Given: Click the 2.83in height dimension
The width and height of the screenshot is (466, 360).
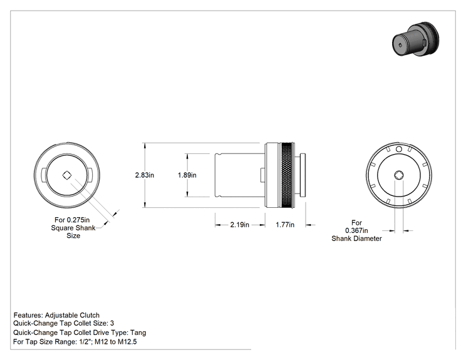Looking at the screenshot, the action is [145, 175].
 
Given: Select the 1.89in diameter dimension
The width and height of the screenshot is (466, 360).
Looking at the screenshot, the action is [187, 175].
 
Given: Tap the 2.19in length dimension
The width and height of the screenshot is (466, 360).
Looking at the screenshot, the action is [239, 225].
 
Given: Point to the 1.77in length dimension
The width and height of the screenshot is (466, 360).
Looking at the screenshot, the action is [285, 225].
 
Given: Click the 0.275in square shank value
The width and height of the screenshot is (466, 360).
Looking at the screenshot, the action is [78, 220].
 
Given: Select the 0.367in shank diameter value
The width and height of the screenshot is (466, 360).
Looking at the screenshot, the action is [356, 230].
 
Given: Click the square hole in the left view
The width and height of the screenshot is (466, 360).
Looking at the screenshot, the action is [67, 175].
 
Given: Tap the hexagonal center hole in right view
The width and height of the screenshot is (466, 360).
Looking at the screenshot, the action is [399, 175].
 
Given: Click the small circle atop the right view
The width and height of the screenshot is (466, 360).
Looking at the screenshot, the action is [399, 149].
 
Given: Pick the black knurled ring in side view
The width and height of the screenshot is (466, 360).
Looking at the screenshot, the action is [287, 175].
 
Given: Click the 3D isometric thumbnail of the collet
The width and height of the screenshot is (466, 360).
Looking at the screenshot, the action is [415, 39].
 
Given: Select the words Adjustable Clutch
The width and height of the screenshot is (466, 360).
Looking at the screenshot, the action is [72, 315].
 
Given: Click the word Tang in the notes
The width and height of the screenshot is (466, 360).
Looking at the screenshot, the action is [138, 333].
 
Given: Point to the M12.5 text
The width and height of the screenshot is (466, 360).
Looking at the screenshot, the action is [127, 342].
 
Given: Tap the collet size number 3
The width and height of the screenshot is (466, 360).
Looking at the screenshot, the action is [112, 323].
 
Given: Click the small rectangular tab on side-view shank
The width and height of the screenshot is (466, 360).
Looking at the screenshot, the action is [262, 175].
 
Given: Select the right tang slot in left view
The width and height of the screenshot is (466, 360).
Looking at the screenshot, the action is [91, 175].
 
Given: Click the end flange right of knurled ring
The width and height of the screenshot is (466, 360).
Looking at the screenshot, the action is [303, 175].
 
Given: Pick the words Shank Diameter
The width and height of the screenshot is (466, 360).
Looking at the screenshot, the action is [356, 239].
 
